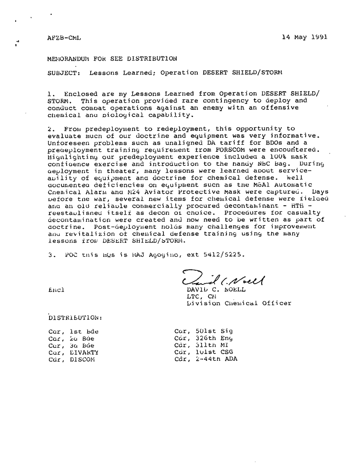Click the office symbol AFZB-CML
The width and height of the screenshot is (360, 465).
click(x=64, y=37)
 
